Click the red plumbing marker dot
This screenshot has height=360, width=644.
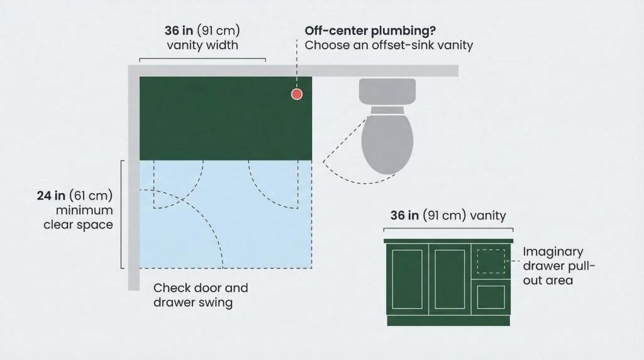click(x=297, y=94)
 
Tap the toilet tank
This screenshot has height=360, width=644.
click(x=387, y=91)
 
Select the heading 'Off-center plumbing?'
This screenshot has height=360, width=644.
click(x=370, y=31)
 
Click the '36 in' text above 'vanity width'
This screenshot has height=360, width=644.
click(x=179, y=31)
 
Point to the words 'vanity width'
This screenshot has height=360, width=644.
click(x=202, y=45)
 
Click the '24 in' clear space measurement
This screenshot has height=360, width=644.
click(x=52, y=195)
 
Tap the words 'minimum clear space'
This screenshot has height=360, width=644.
click(x=79, y=217)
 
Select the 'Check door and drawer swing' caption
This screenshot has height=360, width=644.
click(x=201, y=295)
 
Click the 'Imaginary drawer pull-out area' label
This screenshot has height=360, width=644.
click(x=558, y=266)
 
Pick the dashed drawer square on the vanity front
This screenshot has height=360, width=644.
click(x=491, y=261)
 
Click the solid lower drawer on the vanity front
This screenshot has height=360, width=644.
click(x=491, y=296)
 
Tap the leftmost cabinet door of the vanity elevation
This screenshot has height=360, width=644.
click(x=407, y=279)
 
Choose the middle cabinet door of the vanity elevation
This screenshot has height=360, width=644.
click(x=450, y=279)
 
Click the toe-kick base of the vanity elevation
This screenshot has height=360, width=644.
click(x=448, y=320)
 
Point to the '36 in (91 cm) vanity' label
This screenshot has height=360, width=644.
click(x=448, y=215)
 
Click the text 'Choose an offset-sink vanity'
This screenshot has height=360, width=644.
click(x=389, y=45)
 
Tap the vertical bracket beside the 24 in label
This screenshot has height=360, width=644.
click(x=122, y=214)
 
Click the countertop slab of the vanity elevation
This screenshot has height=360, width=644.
click(x=448, y=241)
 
